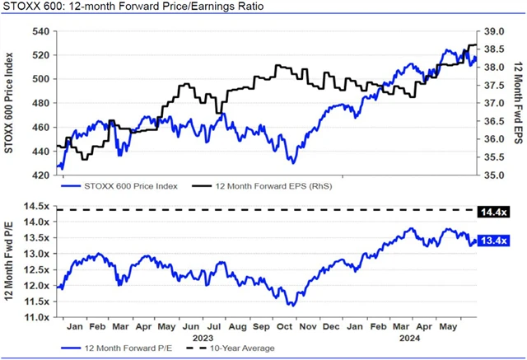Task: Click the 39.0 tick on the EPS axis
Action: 492,31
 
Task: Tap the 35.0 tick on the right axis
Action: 492,175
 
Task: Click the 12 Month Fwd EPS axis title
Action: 518,103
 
